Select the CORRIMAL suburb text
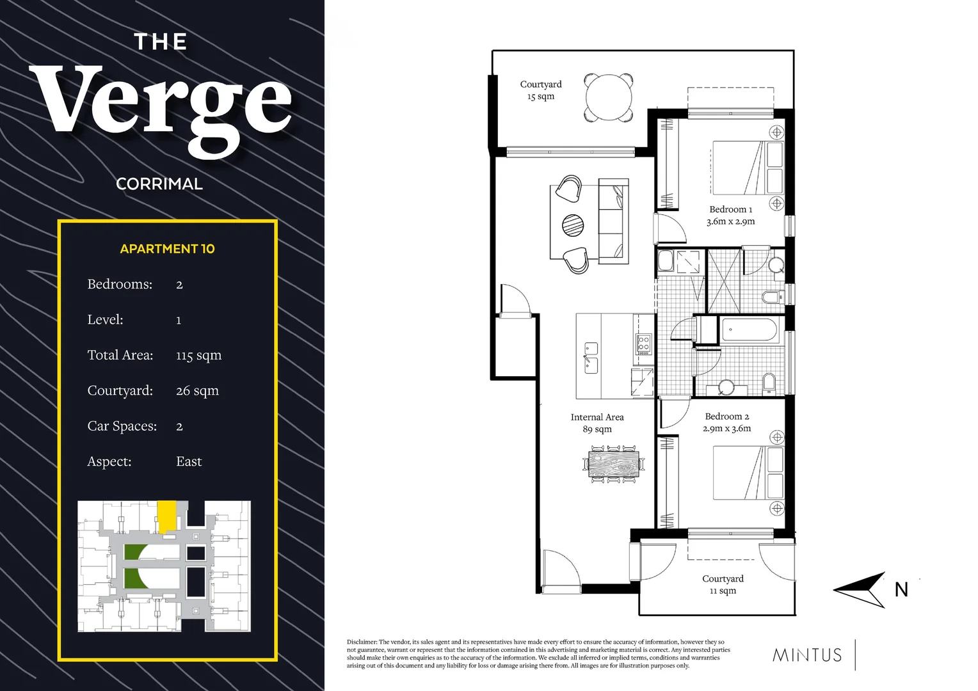pyautogui.click(x=159, y=184)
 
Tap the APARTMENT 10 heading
pyautogui.click(x=167, y=249)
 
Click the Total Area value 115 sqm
pyautogui.click(x=198, y=355)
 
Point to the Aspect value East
pyautogui.click(x=189, y=461)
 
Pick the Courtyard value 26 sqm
pyautogui.click(x=197, y=390)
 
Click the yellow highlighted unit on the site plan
pyautogui.click(x=166, y=515)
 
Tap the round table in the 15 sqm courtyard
pyautogui.click(x=609, y=97)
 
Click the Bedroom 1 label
pyautogui.click(x=730, y=209)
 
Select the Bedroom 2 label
pyautogui.click(x=726, y=417)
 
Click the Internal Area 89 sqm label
pyautogui.click(x=597, y=423)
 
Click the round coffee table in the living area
pyautogui.click(x=573, y=225)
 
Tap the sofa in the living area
pyautogui.click(x=613, y=221)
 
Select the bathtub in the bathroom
pyautogui.click(x=749, y=331)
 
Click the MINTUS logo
pyautogui.click(x=807, y=655)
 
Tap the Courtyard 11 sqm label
pyautogui.click(x=723, y=584)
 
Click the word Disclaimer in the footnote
pyautogui.click(x=362, y=642)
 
